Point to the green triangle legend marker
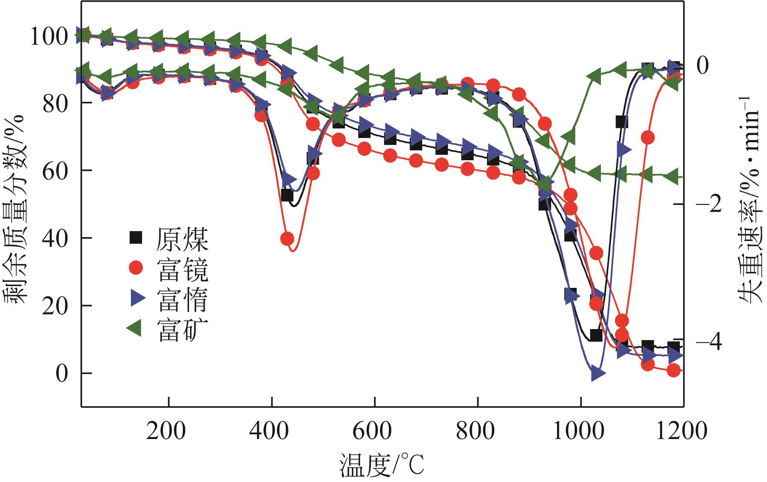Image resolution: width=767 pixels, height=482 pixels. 135,329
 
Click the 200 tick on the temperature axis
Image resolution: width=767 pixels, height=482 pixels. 166,430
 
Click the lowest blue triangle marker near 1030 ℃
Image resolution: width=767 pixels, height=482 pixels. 598,374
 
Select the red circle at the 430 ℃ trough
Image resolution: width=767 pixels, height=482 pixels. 287,238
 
